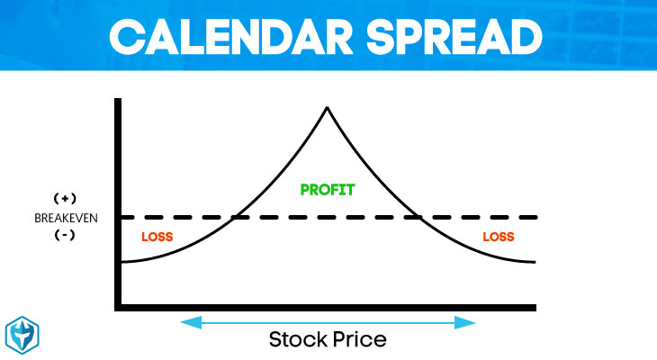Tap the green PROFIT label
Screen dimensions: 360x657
pos(328,190)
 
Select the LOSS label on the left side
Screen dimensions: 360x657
pos(157,238)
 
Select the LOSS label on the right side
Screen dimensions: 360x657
pos(498,238)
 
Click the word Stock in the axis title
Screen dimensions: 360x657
pos(299,339)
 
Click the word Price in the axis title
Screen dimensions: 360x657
pos(357,339)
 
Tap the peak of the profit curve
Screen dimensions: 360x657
pos(328,108)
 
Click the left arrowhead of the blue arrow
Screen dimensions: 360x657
pos(184,321)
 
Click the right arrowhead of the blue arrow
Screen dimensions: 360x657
pos(472,321)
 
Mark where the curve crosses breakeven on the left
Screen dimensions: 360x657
pos(235,217)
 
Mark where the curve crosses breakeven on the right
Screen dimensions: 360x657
pos(420,217)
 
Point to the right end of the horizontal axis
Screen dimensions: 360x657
pos(536,307)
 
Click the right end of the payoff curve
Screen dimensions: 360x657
pos(535,262)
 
